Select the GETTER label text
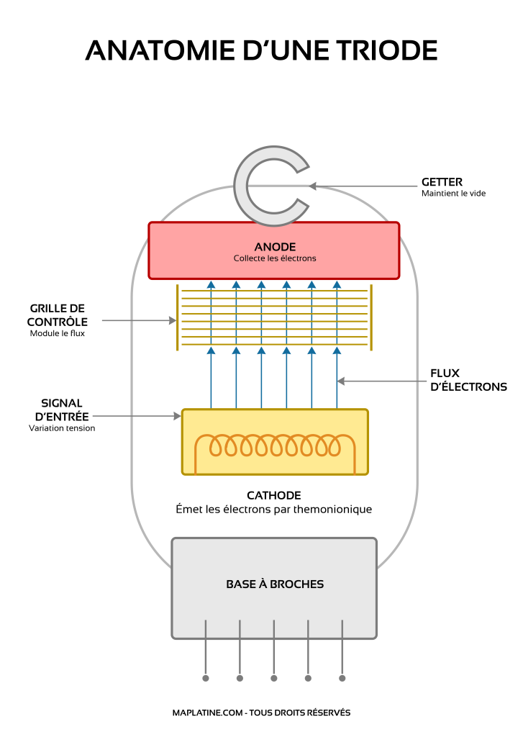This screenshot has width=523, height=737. pos(442,182)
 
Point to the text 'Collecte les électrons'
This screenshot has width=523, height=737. pos(274,258)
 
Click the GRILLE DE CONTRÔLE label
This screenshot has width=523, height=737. pos(58,315)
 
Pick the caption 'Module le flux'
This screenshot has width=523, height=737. pos(58,333)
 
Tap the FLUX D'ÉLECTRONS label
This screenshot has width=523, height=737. pos(468,380)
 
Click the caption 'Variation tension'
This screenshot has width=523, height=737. pos(62,428)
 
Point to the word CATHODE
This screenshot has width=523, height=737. pos(273,495)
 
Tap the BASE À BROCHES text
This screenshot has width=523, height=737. pos(275,584)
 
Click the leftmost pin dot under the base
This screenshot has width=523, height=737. pos(206,678)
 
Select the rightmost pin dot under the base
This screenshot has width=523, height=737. pos(342,678)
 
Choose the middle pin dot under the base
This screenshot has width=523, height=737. pos(274,678)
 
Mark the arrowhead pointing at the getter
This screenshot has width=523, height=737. pos(313,186)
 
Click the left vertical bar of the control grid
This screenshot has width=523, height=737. pos(177,317)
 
